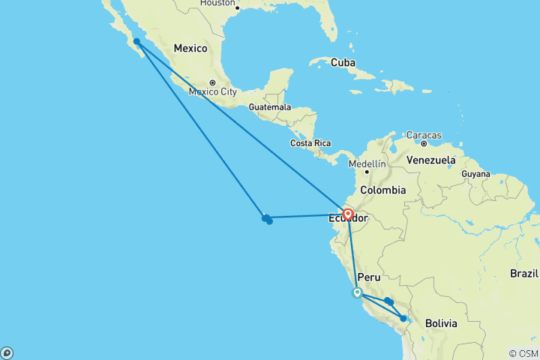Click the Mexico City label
tap(213, 92)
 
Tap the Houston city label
tap(217, 3)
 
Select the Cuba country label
tap(344, 62)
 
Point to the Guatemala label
tap(270, 107)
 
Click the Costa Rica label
tap(310, 142)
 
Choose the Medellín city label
tap(367, 163)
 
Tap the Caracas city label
tap(424, 135)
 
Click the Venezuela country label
tap(430, 160)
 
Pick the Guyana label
tap(475, 173)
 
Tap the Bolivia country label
tap(441, 323)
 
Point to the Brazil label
tap(524, 274)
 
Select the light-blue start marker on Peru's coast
tap(358, 293)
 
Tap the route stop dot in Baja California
tap(136, 42)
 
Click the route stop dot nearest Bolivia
tap(403, 319)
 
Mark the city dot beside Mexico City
tap(213, 82)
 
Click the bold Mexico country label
tap(190, 48)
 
